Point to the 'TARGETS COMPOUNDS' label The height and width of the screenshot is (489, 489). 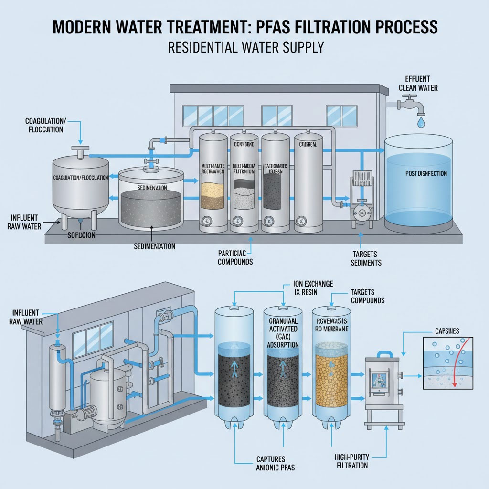click(367, 296)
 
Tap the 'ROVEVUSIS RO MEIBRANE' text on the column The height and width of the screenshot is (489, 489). click(335, 325)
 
